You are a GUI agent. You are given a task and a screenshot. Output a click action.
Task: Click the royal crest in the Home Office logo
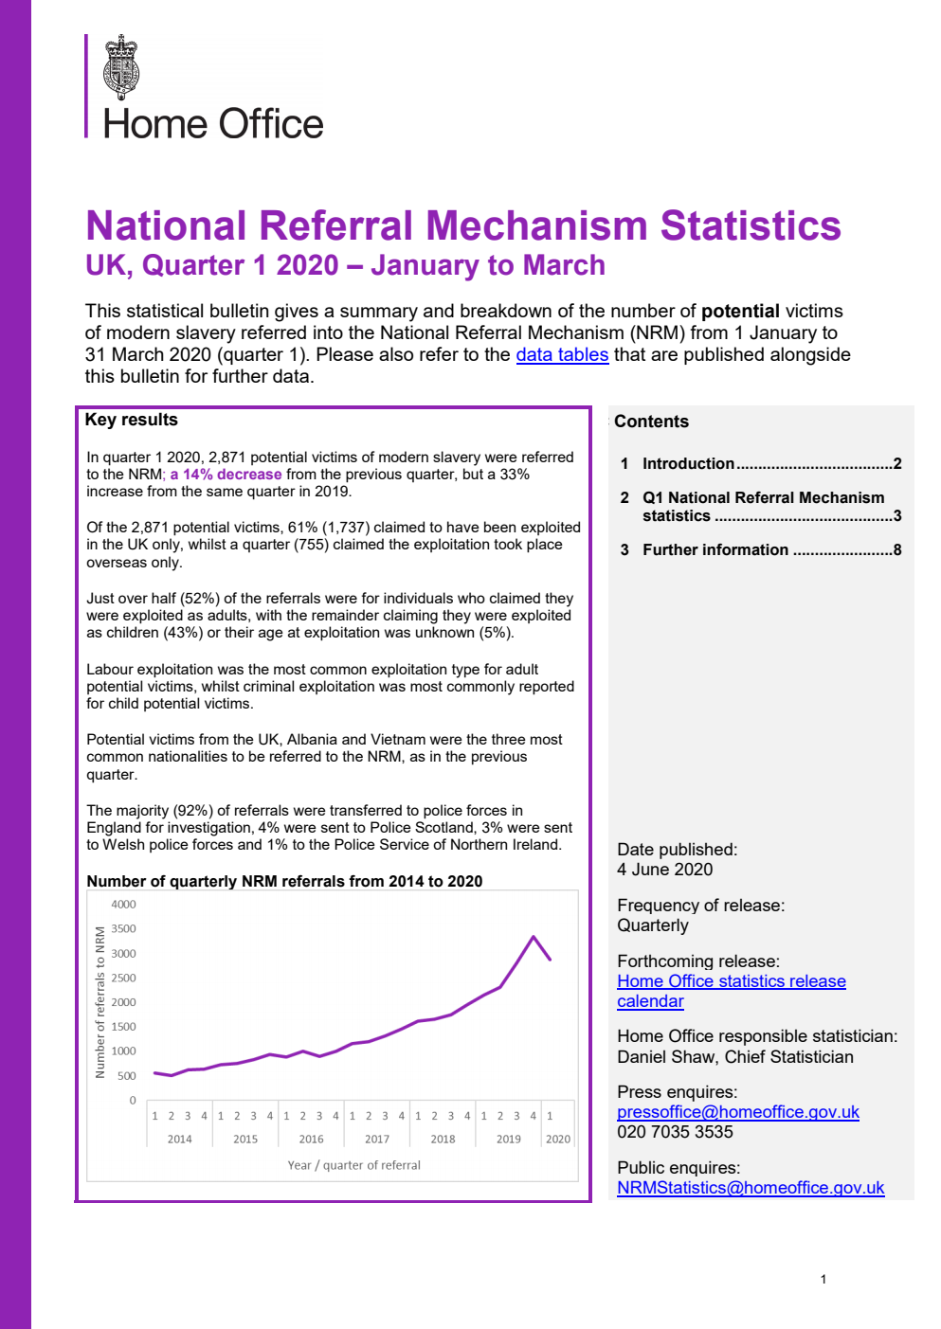(121, 67)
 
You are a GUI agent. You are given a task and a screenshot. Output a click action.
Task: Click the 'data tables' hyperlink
(562, 354)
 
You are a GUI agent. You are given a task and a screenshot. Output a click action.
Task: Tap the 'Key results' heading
(131, 420)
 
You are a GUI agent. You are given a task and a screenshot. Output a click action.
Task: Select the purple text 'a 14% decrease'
(226, 475)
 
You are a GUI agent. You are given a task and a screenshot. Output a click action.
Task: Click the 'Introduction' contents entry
(688, 463)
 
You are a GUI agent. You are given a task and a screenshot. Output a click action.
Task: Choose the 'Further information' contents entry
(715, 549)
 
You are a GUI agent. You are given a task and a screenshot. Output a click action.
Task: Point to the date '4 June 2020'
(664, 870)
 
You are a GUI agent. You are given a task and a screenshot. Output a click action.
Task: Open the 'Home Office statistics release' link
(731, 981)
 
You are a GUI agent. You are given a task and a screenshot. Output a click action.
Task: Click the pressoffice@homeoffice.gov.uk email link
(737, 1112)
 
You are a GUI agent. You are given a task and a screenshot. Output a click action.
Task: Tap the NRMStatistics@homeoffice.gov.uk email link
(750, 1188)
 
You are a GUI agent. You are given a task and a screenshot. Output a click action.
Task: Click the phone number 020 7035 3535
(675, 1132)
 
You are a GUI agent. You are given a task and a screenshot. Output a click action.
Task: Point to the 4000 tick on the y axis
(124, 905)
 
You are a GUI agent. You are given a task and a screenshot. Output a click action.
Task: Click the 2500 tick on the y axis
(124, 978)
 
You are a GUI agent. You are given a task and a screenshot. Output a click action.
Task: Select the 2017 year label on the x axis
(377, 1140)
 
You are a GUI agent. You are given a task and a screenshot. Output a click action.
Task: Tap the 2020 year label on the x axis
(558, 1140)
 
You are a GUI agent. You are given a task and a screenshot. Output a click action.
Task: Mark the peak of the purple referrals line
(534, 937)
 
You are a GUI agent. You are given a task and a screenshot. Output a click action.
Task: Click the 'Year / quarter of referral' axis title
(353, 1165)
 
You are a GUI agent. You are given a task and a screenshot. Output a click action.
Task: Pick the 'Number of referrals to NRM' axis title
(100, 1002)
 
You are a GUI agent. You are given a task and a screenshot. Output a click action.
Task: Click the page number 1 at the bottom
(823, 1279)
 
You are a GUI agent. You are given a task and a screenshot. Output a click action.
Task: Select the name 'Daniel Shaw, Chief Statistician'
(734, 1057)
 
